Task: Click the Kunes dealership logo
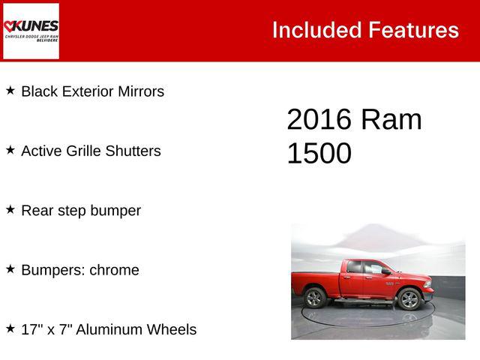[x=31, y=30]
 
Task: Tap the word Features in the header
[x=413, y=30]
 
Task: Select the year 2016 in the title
[x=319, y=120]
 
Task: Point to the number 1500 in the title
[x=319, y=154]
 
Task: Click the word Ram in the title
[x=391, y=120]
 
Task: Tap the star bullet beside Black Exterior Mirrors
[x=10, y=91]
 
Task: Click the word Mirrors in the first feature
[x=139, y=91]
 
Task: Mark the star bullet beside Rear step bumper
[x=10, y=209]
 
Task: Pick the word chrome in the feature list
[x=114, y=270]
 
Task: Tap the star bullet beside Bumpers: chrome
[x=10, y=268]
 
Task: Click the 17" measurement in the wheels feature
[x=31, y=329]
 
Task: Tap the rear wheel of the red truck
[x=315, y=298]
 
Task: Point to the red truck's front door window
[x=374, y=268]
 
